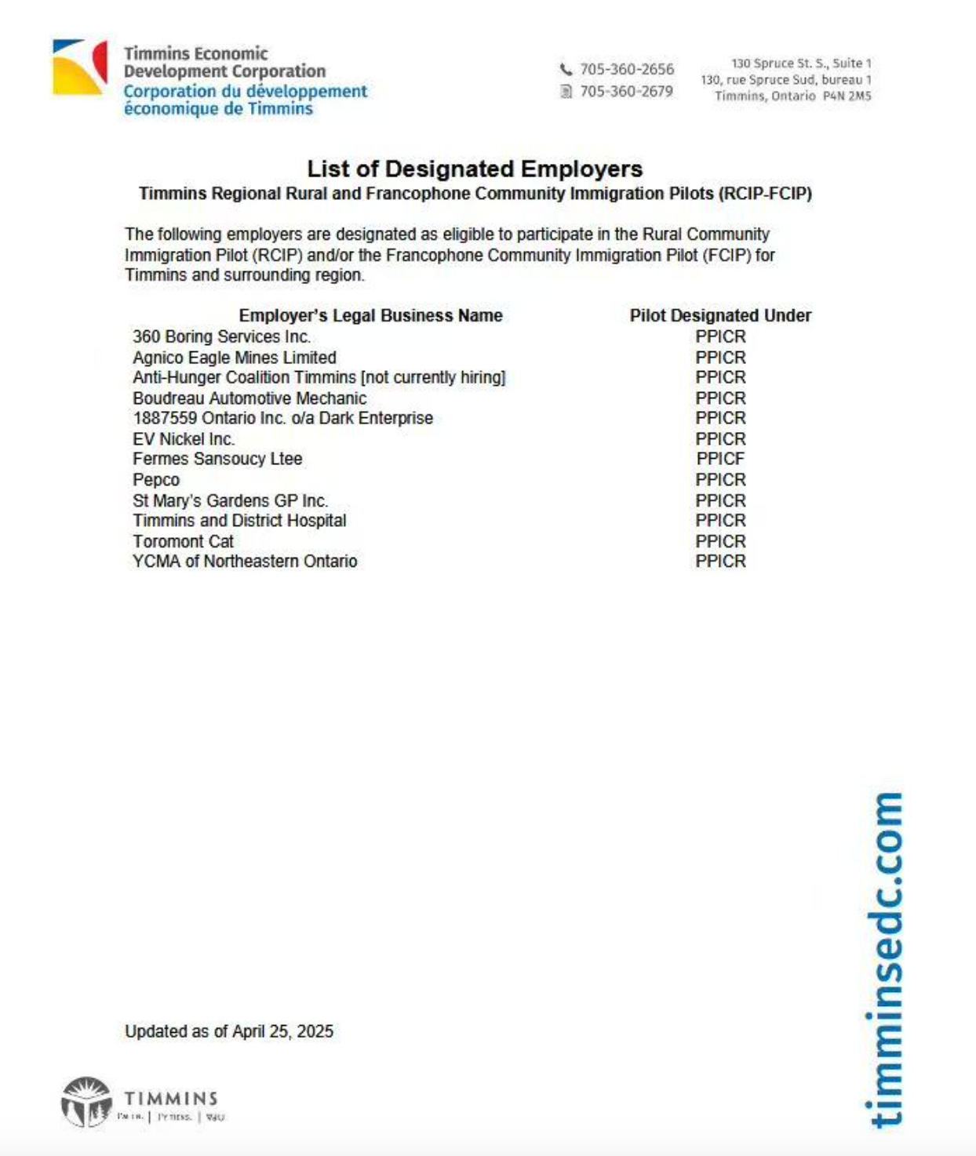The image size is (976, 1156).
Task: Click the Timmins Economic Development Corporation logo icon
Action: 79,67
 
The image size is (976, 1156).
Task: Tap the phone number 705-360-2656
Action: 626,69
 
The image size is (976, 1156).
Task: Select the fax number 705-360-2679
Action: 626,91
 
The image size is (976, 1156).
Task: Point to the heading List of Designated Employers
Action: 475,169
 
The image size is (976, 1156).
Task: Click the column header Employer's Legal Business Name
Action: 370,315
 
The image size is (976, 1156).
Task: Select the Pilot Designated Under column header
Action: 719,315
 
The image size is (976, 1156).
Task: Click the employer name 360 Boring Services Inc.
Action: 221,336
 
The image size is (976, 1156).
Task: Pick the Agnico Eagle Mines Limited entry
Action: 234,358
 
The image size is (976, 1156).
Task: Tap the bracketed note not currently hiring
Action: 433,377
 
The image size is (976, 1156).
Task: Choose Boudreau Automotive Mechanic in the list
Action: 249,398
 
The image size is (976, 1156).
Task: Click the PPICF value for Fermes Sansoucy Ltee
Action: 719,459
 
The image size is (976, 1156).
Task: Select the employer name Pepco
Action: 156,480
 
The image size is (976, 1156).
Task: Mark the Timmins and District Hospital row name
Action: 239,521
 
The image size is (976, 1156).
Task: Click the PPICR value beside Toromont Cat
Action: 719,541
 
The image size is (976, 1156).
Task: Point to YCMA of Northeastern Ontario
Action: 244,562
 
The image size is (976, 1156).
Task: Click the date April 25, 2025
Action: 282,1031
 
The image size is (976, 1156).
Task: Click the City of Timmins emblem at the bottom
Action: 86,1102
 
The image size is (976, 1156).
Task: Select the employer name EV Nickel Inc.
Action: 183,439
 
